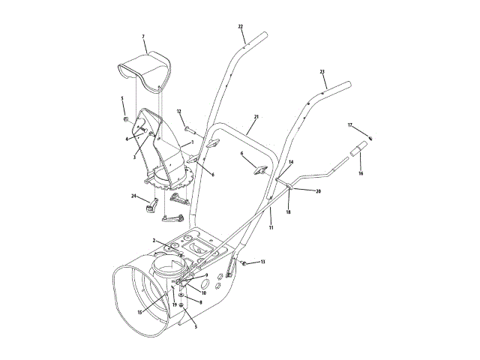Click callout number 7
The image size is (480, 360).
pos(143,36)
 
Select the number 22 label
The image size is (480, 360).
pos(241,27)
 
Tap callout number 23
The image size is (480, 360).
pos(322,72)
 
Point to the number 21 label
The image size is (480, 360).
pos(256,117)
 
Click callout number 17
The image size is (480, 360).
pos(349,124)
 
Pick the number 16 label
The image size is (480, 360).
pos(360,173)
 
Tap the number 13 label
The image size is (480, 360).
pos(262,262)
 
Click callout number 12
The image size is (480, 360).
pos(179,112)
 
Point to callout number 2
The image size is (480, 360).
pos(154,240)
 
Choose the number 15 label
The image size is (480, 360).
pos(139,311)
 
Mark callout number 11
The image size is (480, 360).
pos(271,226)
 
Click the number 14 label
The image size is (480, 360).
pos(291,162)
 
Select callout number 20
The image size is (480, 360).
pos(318,191)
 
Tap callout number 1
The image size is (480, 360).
pos(192,142)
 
